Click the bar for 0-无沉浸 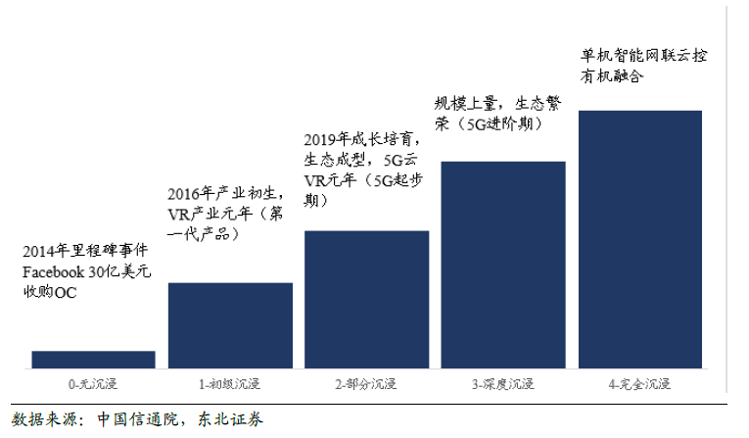click(93, 359)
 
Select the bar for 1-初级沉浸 click(230, 324)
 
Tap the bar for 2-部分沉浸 click(367, 299)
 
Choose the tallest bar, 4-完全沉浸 click(640, 239)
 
